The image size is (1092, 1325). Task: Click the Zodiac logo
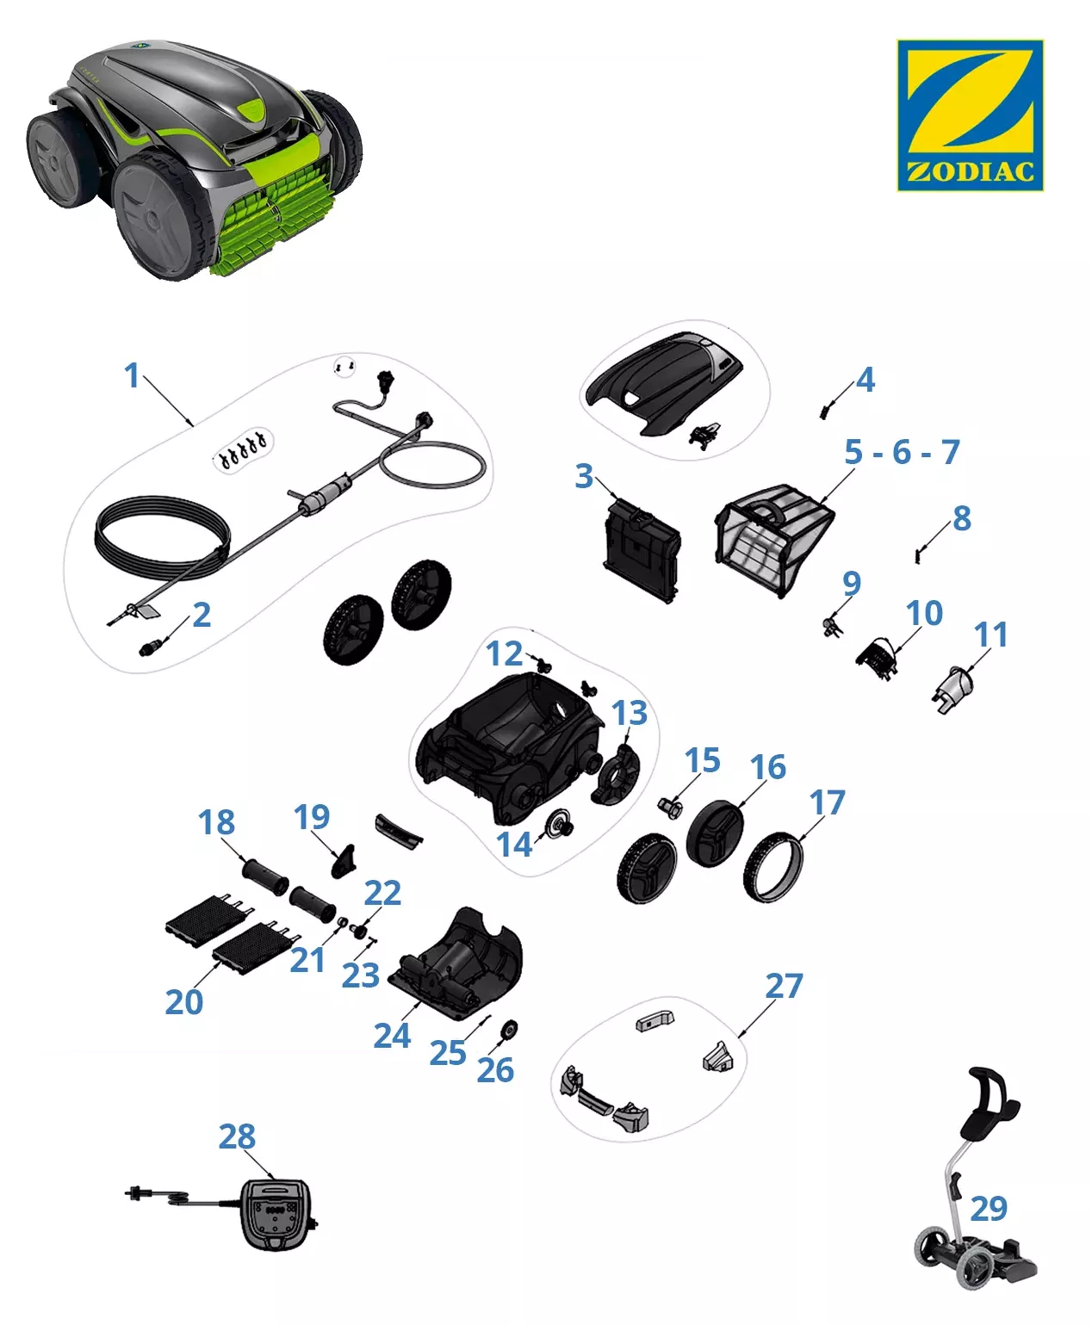coord(970,115)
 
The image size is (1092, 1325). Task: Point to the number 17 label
coord(828,802)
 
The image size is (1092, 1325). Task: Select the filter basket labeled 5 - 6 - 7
coord(773,541)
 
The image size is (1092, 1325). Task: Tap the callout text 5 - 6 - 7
coord(902,452)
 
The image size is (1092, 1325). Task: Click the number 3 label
coord(583,476)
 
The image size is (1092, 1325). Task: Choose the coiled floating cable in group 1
coord(162,538)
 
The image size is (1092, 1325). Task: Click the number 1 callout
coord(132,375)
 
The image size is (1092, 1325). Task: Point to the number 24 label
coord(392,1036)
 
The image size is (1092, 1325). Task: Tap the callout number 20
coord(184,1002)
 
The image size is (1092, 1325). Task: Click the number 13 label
coord(630,713)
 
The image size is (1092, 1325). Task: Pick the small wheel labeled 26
coord(510,1030)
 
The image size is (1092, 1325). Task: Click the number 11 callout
coord(990,634)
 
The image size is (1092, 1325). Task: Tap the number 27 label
coord(784,986)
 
